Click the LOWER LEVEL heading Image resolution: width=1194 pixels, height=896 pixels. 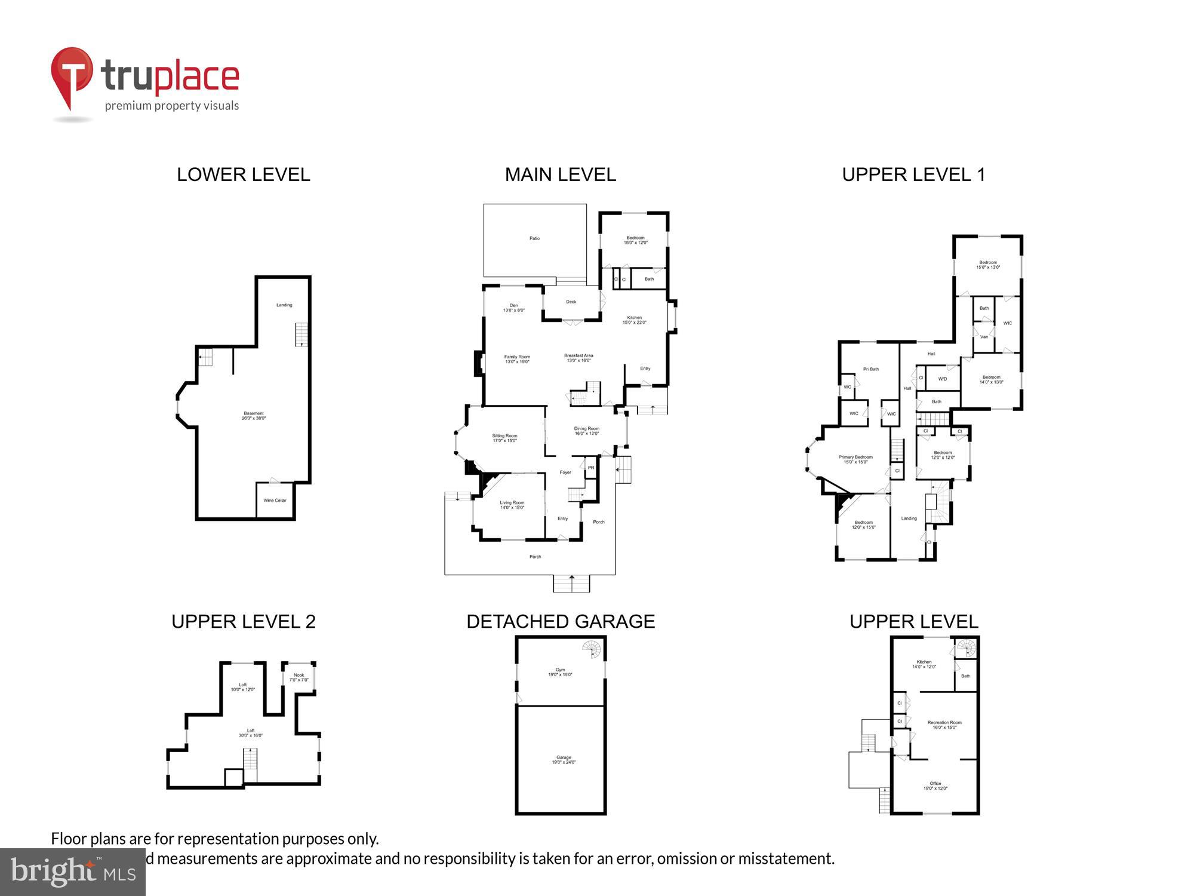(243, 174)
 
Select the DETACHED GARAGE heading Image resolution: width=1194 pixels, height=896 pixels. (560, 621)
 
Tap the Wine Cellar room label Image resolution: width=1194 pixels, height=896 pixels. (275, 501)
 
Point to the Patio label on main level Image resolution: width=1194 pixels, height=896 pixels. (534, 238)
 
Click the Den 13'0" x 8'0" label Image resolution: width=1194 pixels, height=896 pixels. (513, 308)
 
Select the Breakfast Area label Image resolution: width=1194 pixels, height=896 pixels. (578, 358)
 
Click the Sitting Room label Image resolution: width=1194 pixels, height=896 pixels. (504, 438)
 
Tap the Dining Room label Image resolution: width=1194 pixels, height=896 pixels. (586, 431)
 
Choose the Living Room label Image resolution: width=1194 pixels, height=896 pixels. (512, 505)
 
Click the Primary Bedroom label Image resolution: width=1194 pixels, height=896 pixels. (855, 459)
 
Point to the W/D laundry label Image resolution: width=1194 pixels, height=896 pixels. (942, 379)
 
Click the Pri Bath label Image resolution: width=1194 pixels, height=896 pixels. (870, 369)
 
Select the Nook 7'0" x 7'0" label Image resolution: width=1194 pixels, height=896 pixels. (298, 677)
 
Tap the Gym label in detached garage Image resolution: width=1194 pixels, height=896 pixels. (560, 672)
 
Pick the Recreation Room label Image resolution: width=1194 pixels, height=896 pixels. (944, 725)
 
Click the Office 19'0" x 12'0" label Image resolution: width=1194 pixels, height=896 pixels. (935, 785)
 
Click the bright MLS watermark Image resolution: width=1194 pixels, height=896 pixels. (72, 872)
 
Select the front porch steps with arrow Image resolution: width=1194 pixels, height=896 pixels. (571, 583)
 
